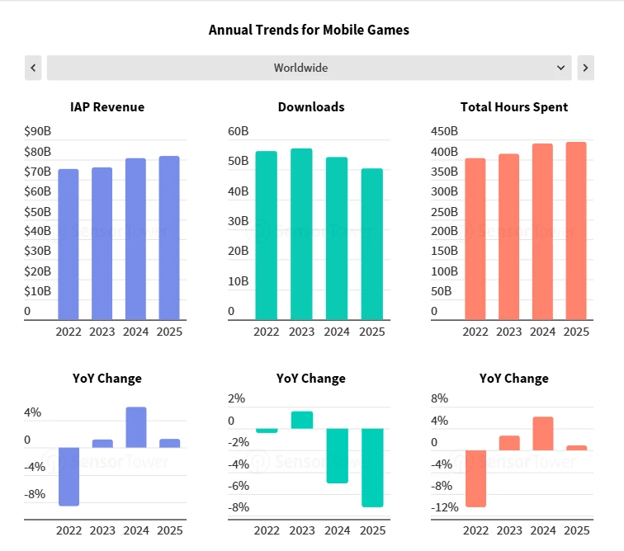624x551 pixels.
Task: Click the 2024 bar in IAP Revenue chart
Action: (x=135, y=238)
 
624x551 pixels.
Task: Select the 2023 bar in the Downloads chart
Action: (x=301, y=234)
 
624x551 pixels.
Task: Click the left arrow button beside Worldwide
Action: (x=33, y=68)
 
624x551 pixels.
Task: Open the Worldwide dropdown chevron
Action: (x=561, y=68)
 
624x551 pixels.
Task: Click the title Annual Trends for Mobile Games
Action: (x=309, y=30)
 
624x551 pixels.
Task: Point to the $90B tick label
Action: (x=38, y=131)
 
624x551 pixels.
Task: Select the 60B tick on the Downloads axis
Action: (x=239, y=131)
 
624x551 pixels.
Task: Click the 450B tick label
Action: (x=445, y=131)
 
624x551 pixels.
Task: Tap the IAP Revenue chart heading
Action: (x=107, y=106)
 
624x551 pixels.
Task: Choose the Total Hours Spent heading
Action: (x=514, y=106)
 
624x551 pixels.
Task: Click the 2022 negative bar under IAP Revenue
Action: (x=68, y=477)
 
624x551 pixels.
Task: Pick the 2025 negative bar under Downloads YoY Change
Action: (x=372, y=468)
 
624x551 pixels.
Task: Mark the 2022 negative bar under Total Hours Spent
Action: (x=475, y=478)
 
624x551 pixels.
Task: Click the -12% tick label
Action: (x=445, y=507)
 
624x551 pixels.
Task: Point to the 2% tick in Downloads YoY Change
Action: (x=237, y=398)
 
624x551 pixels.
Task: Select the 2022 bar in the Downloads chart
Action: (x=266, y=235)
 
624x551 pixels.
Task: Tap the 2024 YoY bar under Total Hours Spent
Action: (x=542, y=433)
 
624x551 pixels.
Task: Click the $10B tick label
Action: (x=38, y=291)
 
